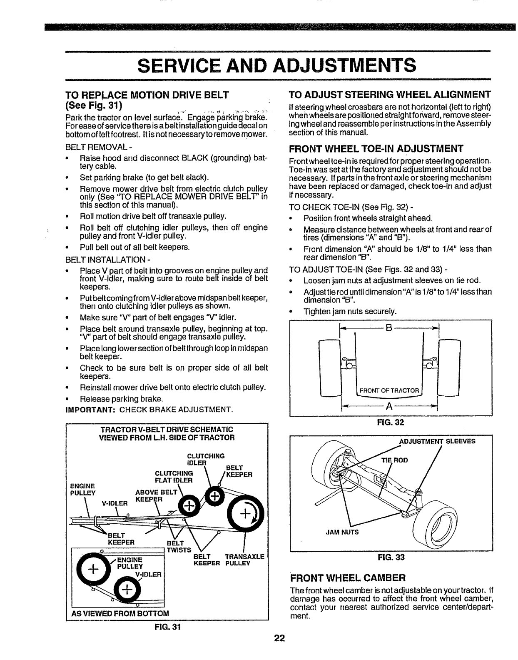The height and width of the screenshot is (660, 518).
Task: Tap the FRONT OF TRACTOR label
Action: click(389, 390)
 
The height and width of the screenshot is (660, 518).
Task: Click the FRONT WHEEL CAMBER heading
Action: click(347, 578)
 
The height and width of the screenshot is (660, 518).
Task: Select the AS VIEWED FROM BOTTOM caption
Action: click(120, 613)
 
